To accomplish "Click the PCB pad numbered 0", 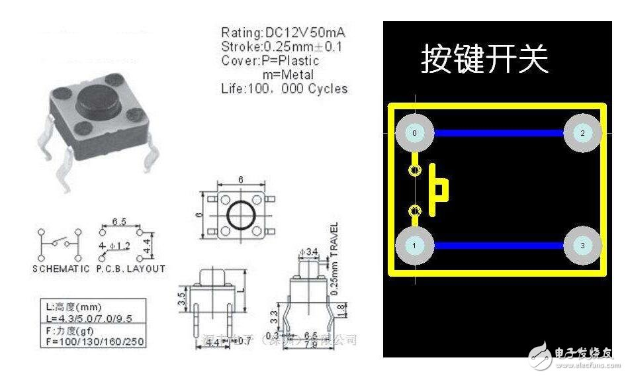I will pos(414,133).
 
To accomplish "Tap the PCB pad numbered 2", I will pos(582,133).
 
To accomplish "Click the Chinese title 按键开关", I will pos(484,60).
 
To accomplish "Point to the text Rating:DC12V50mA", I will pos(283,32).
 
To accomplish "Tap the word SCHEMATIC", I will pos(60,269).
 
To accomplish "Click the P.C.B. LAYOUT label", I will pos(130,269).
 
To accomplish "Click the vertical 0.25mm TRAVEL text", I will pos(334,258).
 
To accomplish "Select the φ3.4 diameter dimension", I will pos(308,252).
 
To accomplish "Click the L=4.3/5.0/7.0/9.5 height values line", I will pos(90,318).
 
